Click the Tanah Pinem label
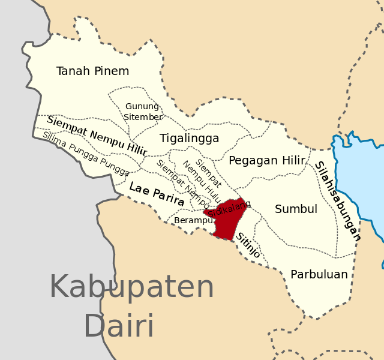coord(92,71)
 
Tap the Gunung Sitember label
coord(143,112)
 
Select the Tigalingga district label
coord(189,139)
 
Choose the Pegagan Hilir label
coord(267,160)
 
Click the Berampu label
coord(193,220)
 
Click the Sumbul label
coord(296,209)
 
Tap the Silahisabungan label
coord(338,200)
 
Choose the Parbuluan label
coord(319,274)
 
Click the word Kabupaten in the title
coord(131,288)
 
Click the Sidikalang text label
coord(230,208)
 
